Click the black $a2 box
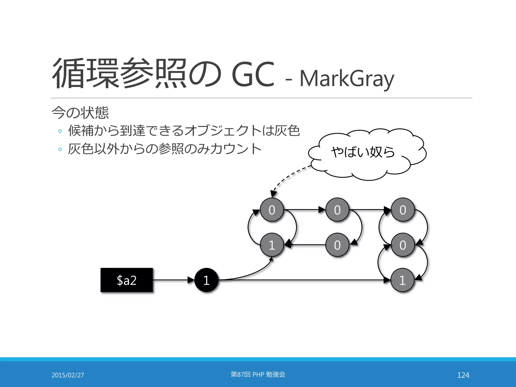pos(127,280)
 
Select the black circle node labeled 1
pos(206,280)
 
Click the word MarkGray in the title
pos(347,79)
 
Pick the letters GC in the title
pos(253,74)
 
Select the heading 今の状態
pos(80,113)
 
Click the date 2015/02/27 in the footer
pos(68,375)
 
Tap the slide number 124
pos(463,375)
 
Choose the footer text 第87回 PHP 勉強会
pos(258,374)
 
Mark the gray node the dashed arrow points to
pos(272,210)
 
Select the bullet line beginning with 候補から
pos(184,131)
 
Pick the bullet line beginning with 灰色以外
pos(165,149)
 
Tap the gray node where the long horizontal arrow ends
pos(402,280)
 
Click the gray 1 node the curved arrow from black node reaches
pos(272,245)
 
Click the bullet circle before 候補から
pos(60,131)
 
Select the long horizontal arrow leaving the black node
pos(302,280)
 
